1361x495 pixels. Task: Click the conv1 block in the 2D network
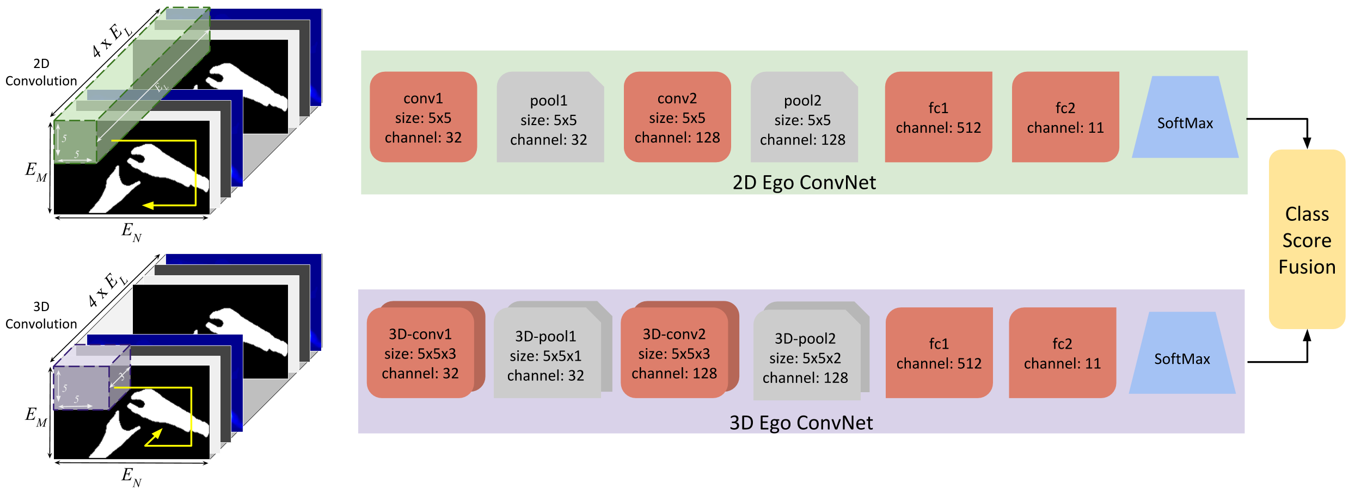coord(423,117)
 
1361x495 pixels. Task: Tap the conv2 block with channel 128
coord(677,117)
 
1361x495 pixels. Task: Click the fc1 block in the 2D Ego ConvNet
coord(938,117)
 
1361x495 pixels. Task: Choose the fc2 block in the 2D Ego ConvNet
coord(1065,117)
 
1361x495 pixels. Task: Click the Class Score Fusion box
coord(1307,239)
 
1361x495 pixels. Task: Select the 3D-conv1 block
coord(420,353)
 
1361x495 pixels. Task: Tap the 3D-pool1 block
coord(546,355)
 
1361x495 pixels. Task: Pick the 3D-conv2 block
coord(674,353)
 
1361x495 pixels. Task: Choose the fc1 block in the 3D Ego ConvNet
coord(939,353)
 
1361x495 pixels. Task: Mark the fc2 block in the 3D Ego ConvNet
coord(1062,353)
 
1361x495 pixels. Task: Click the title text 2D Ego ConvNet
coord(804,183)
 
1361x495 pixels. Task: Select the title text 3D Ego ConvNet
coord(801,423)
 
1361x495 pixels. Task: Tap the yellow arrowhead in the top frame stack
coord(148,205)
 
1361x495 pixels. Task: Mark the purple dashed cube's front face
coord(81,388)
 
